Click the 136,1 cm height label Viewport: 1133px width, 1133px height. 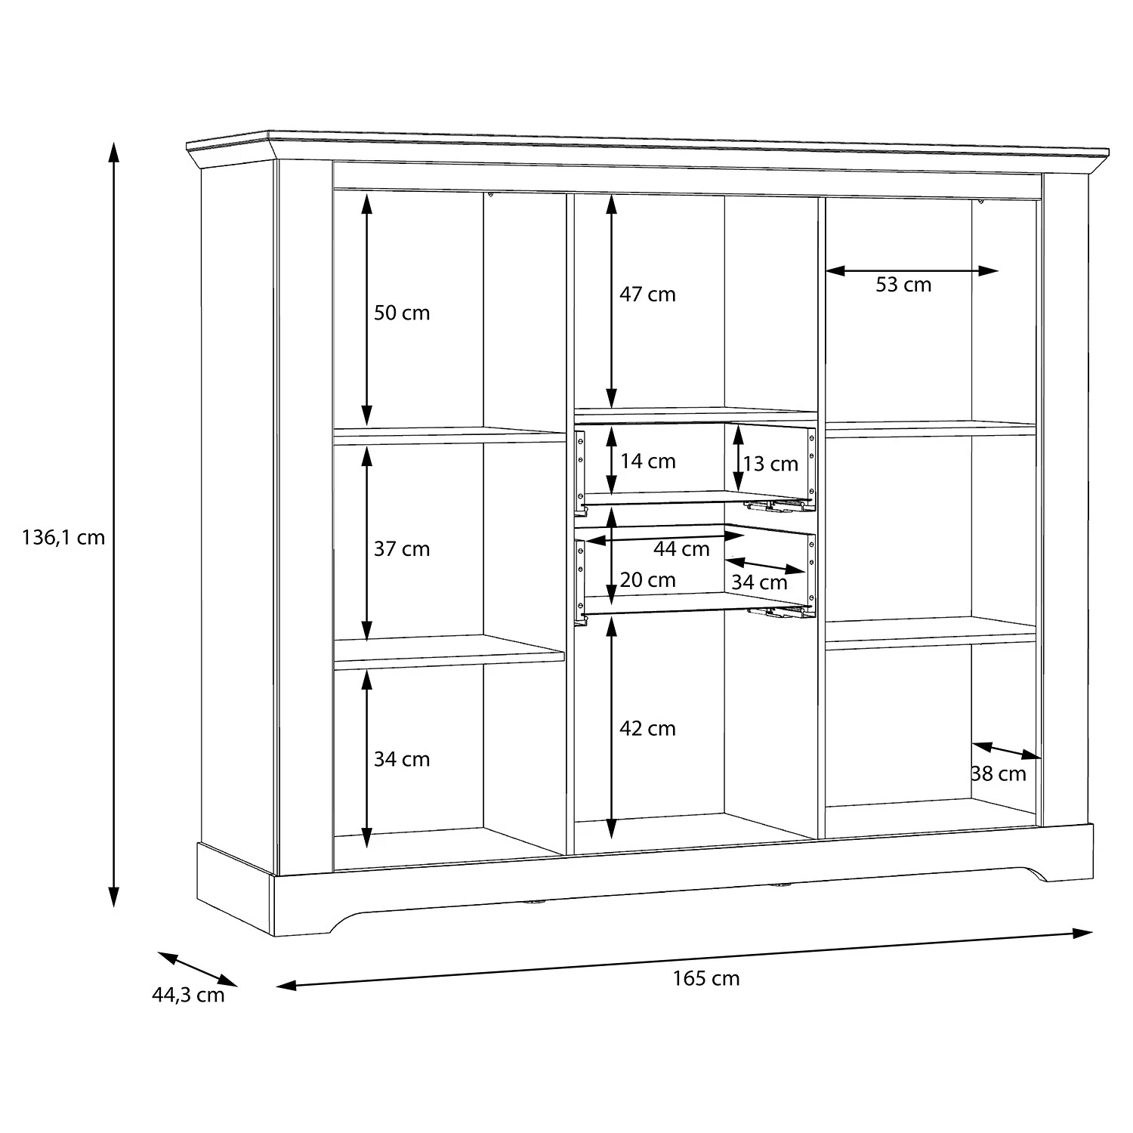(63, 538)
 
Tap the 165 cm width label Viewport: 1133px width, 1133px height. (705, 979)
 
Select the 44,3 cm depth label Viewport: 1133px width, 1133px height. (188, 995)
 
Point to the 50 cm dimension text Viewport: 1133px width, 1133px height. (401, 313)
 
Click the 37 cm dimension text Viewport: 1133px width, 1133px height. (401, 549)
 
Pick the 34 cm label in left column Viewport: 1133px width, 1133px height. (401, 759)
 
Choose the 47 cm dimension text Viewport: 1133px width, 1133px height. (647, 295)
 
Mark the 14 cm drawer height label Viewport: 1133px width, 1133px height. (647, 462)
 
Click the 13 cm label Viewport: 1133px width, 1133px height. (770, 464)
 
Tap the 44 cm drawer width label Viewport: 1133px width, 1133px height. (681, 549)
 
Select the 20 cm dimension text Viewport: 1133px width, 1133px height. (647, 580)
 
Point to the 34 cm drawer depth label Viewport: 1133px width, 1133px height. (759, 582)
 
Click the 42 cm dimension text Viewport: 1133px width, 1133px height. (647, 729)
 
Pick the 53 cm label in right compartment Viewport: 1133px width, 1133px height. (903, 285)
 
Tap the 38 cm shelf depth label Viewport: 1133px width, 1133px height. (999, 773)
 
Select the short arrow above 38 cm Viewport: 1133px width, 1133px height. (1006, 751)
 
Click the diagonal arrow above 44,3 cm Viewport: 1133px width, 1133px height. (198, 969)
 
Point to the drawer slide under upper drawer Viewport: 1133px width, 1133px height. (778, 505)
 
